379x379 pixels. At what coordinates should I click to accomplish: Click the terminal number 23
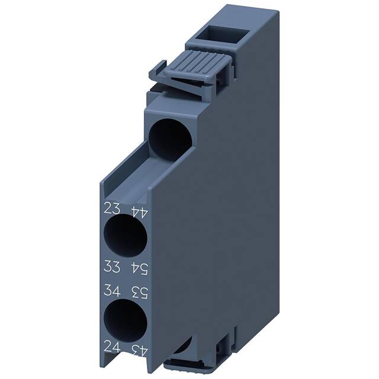tap(111, 208)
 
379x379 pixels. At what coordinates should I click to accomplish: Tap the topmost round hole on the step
tap(170, 137)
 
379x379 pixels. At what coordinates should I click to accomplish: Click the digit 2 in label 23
tap(107, 208)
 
